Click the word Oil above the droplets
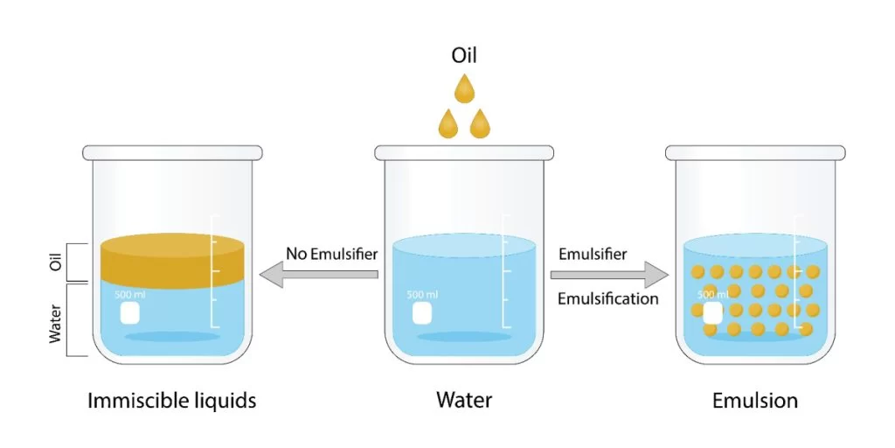click(464, 56)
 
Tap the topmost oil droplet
click(464, 90)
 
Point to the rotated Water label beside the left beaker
click(56, 322)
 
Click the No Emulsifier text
click(331, 255)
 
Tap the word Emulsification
click(607, 298)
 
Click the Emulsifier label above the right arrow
click(592, 255)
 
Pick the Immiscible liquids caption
click(172, 402)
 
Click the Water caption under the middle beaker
click(464, 402)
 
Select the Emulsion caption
click(754, 402)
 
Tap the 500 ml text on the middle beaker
click(422, 295)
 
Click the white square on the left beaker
click(129, 313)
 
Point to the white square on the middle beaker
click(421, 313)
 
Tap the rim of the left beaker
click(172, 153)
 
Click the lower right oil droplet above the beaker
click(480, 124)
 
